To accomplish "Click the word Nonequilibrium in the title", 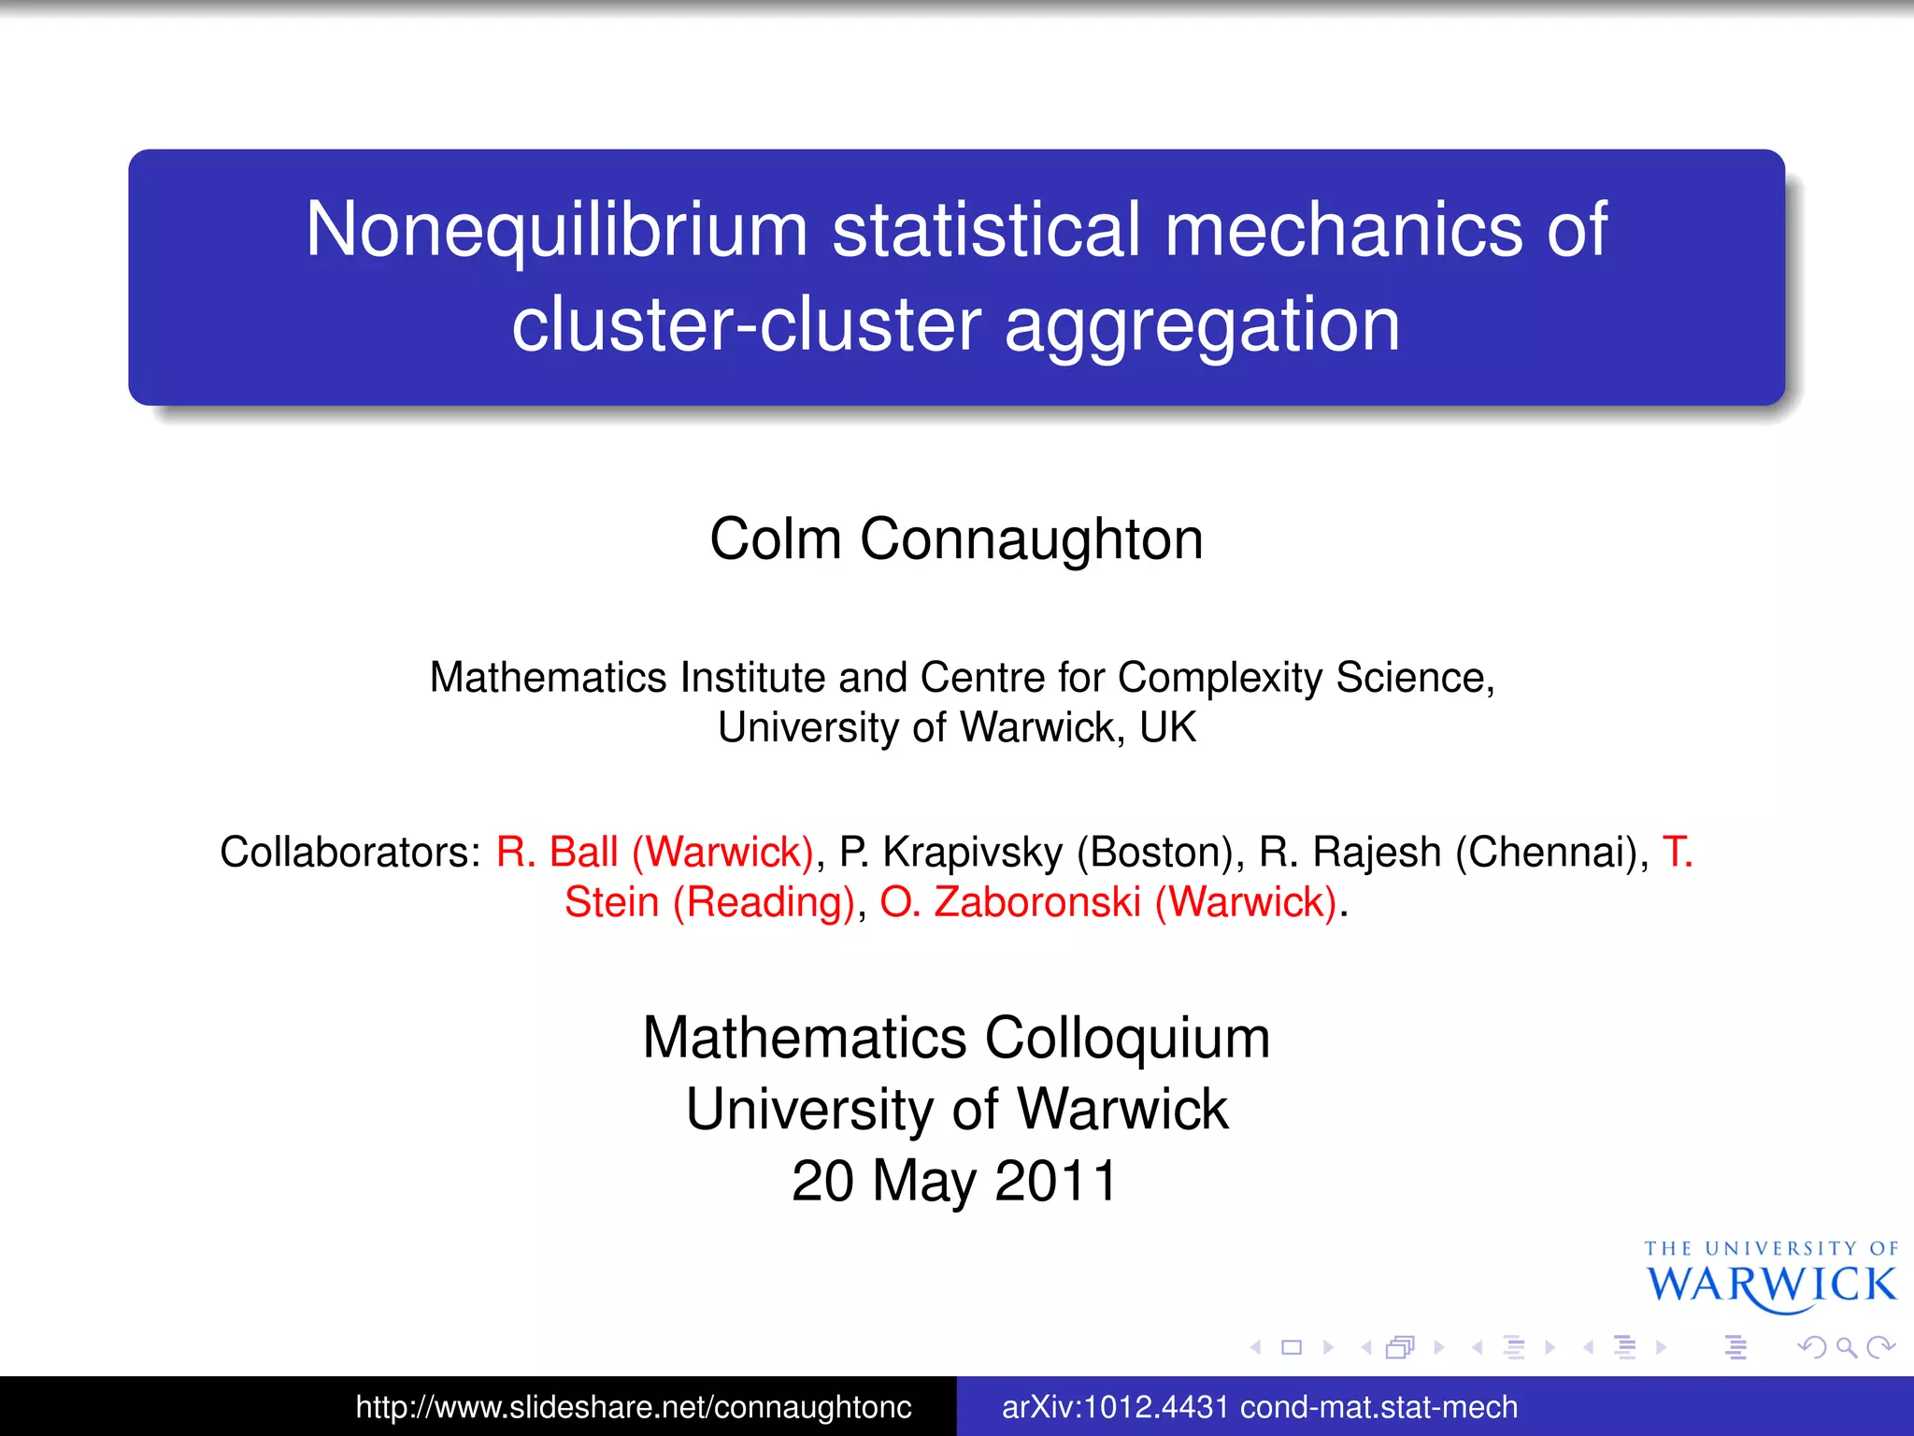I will point(556,230).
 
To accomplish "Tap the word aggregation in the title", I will point(1202,325).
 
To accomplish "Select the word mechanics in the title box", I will point(1342,230).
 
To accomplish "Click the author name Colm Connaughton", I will point(956,539).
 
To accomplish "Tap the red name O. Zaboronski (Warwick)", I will point(1108,902).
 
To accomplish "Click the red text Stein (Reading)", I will point(710,902).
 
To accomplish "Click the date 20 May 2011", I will point(954,1181).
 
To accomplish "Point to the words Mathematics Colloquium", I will point(956,1038).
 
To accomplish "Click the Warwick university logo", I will point(1770,1276).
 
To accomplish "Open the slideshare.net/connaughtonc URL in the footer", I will point(633,1407).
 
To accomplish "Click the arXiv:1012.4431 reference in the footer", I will point(1259,1407).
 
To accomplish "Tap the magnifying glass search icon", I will point(1846,1347).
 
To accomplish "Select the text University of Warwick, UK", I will point(956,727).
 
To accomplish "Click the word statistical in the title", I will point(986,230).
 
